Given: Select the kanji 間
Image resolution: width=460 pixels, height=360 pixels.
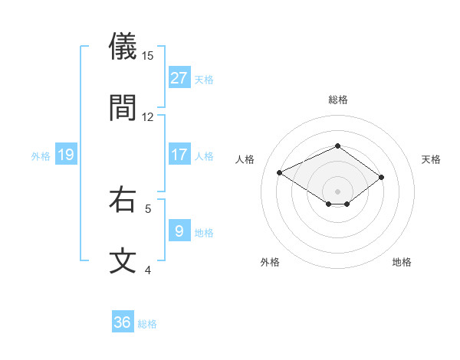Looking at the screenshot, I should tap(123, 108).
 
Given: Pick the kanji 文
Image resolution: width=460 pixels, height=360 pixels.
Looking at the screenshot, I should tap(123, 261).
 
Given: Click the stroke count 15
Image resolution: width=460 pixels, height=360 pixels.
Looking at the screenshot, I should tap(148, 55).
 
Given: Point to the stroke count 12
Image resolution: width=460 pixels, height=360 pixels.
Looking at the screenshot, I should tap(148, 116).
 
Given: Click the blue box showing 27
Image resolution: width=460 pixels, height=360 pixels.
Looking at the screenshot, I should tap(179, 78).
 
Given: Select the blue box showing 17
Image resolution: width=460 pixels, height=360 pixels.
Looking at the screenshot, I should tap(179, 155).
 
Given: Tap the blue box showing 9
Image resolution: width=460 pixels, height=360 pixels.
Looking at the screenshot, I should tap(179, 231).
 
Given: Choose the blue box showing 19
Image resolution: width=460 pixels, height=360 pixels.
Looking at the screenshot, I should tap(65, 155).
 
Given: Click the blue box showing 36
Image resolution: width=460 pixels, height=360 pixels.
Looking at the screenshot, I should tap(123, 322).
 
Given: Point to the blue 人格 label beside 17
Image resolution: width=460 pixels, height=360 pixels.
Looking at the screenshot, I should tap(204, 156).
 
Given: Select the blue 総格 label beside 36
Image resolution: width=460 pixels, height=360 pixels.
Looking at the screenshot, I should tap(147, 324).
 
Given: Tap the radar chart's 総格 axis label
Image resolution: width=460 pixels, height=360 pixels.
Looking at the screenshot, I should tap(338, 100).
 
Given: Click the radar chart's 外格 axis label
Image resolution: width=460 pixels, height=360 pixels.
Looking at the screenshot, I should tap(270, 262).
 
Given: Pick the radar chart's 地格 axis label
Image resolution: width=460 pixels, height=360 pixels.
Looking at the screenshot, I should tap(402, 262).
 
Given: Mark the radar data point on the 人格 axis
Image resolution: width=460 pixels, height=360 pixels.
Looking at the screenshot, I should tap(280, 172).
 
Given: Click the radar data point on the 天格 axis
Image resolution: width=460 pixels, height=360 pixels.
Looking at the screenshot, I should tap(381, 177).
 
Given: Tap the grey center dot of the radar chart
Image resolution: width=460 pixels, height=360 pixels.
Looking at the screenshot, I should tap(338, 191).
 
